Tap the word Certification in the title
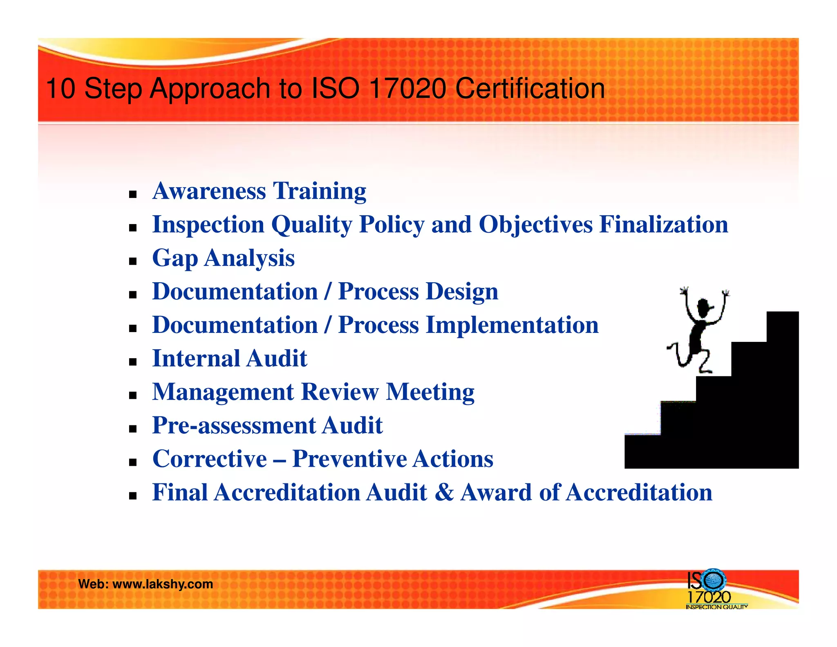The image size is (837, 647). pos(530,88)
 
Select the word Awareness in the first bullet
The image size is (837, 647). pos(209,191)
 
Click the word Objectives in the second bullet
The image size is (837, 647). pos(535,225)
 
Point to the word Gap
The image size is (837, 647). pos(175,258)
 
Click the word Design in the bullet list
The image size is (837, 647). pos(462,292)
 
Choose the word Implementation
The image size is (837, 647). pos(512,325)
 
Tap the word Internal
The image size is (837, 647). pos(196,359)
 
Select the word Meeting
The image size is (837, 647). pos(430,392)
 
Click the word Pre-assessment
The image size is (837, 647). pos(233,425)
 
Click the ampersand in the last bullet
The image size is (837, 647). pos(444,492)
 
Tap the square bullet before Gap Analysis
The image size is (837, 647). pos(132,261)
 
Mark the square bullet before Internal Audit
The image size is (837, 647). pos(132,362)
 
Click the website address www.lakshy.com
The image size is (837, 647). pos(163,584)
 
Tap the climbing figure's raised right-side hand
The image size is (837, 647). pos(725,293)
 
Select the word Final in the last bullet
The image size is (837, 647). pos(180,492)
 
